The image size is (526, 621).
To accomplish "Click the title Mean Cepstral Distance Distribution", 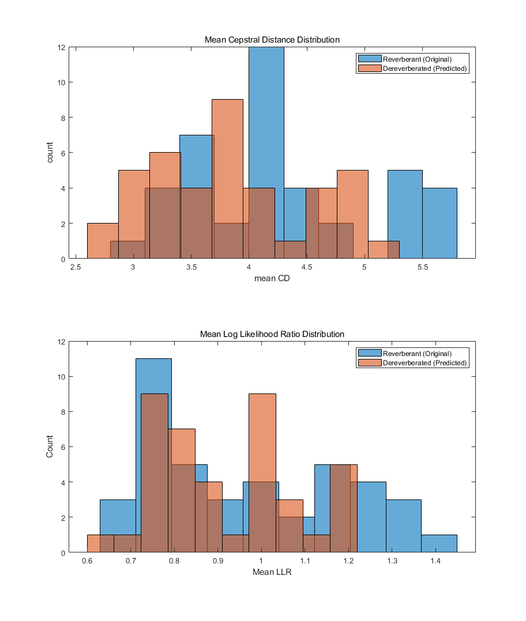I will coord(272,40).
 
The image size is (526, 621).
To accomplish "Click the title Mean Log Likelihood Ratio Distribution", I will coord(272,334).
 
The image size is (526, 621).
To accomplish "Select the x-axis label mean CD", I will coord(272,280).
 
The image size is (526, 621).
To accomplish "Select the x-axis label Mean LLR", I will coord(272,573).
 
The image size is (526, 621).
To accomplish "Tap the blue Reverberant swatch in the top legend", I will coord(369,59).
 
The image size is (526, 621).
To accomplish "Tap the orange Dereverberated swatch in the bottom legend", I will coord(369,363).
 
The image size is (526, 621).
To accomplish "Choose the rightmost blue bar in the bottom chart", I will coord(439,544).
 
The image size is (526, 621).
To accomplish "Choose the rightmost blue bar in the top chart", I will coord(439,224).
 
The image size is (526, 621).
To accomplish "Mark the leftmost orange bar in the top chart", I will coord(103,241).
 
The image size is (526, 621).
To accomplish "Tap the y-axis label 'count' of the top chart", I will coord(50,153).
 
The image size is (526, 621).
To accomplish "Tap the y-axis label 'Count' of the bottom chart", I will coord(50,446).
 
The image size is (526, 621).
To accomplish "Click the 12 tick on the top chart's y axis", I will coord(61,47).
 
